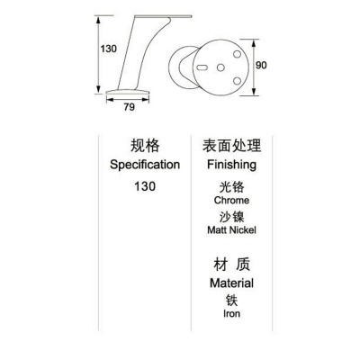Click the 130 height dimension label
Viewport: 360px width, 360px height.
(x=108, y=49)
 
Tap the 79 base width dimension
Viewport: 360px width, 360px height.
(x=130, y=107)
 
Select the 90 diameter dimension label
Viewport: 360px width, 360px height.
(x=261, y=65)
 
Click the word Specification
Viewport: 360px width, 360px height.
(x=145, y=165)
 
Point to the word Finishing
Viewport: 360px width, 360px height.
(x=231, y=165)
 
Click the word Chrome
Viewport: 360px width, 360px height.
(x=231, y=200)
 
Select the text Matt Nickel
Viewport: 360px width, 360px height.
(x=231, y=230)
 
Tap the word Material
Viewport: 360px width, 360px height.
(x=231, y=283)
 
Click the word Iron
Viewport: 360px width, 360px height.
(x=231, y=313)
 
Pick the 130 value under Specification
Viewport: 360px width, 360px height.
(x=145, y=186)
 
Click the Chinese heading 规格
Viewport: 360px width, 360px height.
(x=145, y=146)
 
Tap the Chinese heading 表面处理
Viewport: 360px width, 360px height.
(x=231, y=146)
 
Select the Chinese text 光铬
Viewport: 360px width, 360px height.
(x=231, y=187)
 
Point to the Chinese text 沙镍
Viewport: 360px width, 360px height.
(x=231, y=217)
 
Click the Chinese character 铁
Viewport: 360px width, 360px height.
(x=231, y=301)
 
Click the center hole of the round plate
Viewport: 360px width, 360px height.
(x=220, y=67)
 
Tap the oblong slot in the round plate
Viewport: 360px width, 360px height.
(x=202, y=67)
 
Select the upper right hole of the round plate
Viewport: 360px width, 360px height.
(x=237, y=55)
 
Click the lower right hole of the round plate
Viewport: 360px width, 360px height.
(x=237, y=81)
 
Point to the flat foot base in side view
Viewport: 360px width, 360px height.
(x=128, y=92)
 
